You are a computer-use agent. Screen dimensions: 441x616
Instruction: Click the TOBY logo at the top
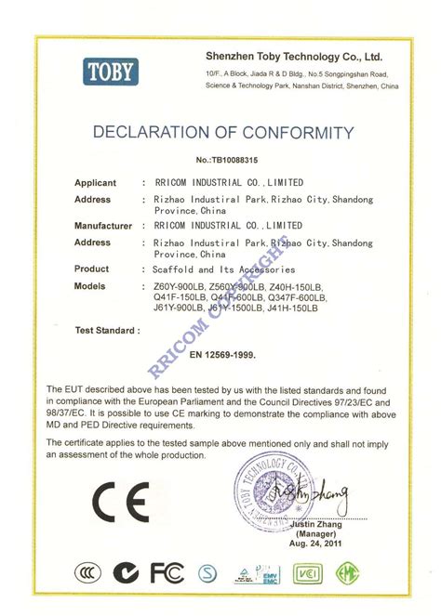[x=111, y=71]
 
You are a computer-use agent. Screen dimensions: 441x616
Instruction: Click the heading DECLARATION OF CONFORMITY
[x=223, y=132]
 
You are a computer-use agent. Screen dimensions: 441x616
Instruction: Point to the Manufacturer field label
[x=103, y=226]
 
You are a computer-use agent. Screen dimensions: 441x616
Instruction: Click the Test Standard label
[x=108, y=329]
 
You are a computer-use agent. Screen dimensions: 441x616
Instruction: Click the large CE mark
[x=120, y=503]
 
